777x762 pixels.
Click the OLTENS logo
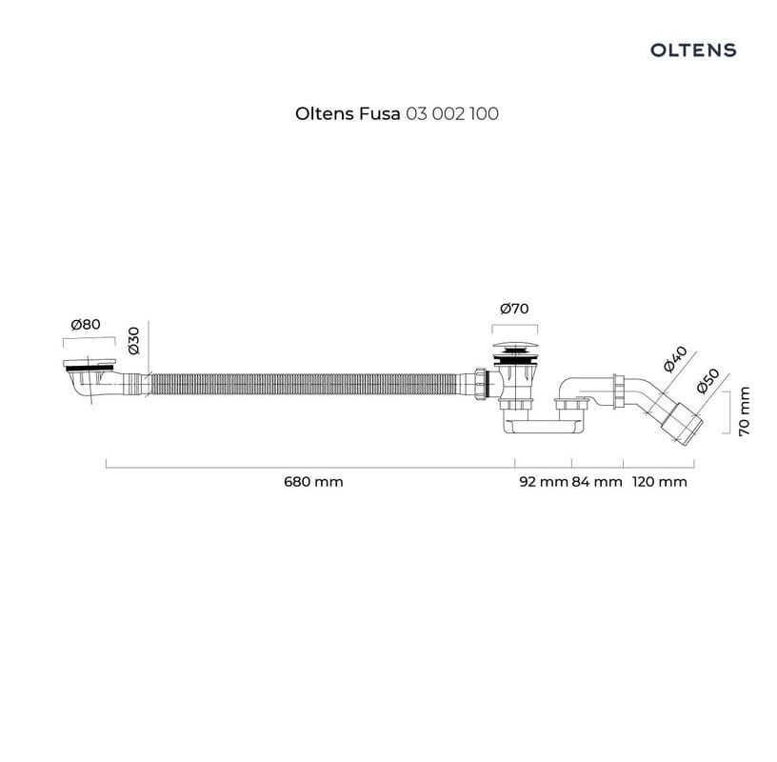693,50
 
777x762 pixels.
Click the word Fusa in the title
380,113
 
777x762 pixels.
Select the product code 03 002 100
452,113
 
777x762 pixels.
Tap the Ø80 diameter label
86,324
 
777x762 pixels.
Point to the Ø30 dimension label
134,341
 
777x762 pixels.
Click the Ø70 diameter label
514,309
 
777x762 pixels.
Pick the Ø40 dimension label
675,359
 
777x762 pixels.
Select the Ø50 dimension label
707,381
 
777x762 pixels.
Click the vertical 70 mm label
745,411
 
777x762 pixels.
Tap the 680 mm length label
313,481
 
